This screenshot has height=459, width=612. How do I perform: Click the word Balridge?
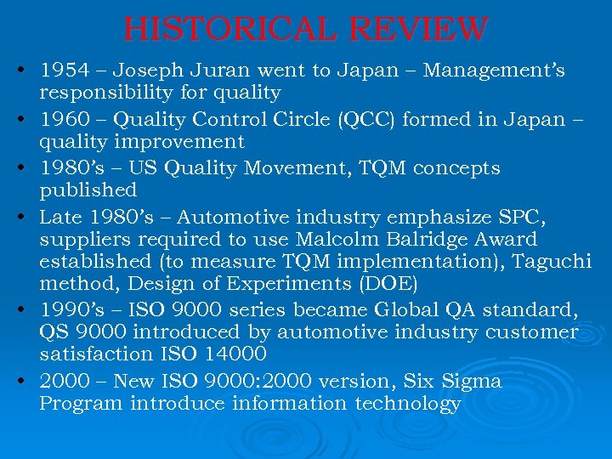pyautogui.click(x=412, y=241)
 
